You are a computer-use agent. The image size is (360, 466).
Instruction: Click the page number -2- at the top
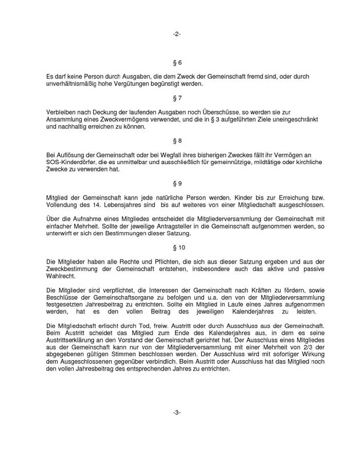tap(177, 34)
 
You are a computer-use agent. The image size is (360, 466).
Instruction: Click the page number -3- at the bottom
tap(177, 412)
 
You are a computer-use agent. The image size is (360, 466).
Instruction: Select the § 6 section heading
tap(177, 61)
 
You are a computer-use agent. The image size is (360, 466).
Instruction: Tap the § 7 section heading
tap(177, 98)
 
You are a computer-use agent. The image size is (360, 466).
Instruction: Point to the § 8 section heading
tap(177, 140)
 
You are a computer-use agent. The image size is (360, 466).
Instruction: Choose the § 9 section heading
tap(177, 183)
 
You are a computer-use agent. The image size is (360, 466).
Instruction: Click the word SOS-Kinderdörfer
tap(70, 163)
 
